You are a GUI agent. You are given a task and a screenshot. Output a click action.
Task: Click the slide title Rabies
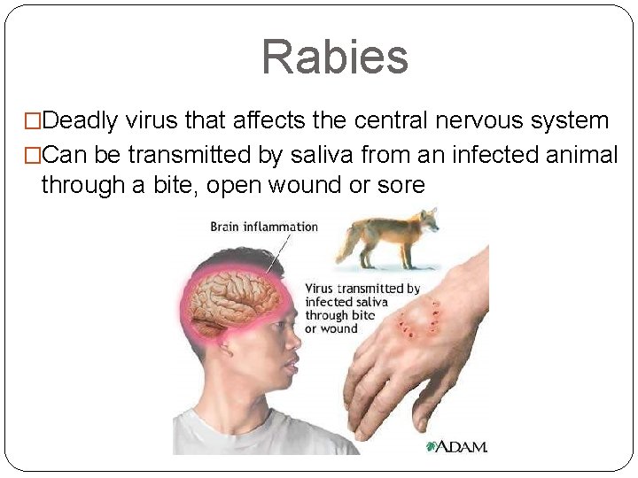[x=334, y=57]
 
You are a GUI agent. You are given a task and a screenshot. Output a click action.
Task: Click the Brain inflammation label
[x=263, y=227]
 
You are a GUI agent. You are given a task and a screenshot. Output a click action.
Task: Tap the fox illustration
[x=393, y=236]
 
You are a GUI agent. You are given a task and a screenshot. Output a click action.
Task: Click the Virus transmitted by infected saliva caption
[x=362, y=308]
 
